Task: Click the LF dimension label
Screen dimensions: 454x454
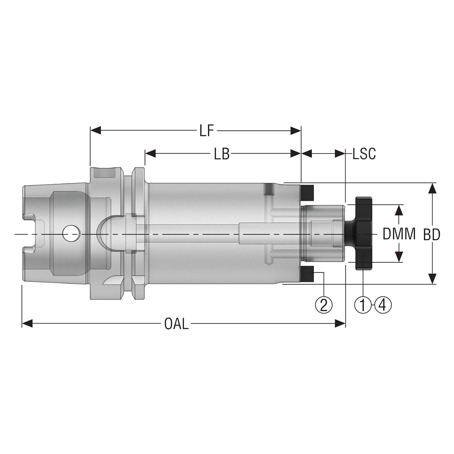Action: click(x=207, y=131)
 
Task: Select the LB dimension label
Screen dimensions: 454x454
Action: click(x=222, y=154)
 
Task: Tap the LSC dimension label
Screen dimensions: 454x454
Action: click(x=364, y=154)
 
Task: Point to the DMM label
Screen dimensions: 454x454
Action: click(x=399, y=234)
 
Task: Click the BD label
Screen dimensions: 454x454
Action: click(x=432, y=235)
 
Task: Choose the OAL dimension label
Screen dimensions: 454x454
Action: click(x=177, y=324)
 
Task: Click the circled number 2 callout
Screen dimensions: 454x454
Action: click(x=324, y=305)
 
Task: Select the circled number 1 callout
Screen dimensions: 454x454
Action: click(x=363, y=305)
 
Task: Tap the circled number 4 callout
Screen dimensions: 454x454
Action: click(x=383, y=305)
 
